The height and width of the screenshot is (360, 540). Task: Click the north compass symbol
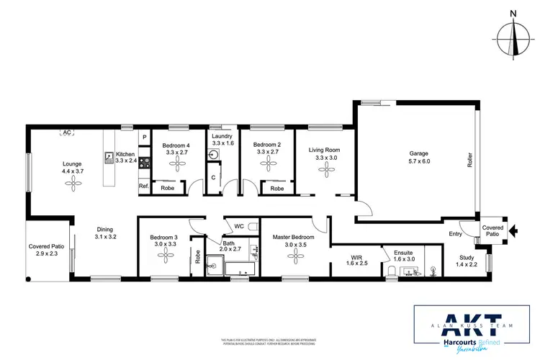tap(513, 38)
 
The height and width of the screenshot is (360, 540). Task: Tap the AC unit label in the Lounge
tap(67, 133)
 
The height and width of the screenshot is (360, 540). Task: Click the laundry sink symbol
tap(214, 155)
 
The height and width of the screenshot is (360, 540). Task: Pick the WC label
tap(239, 226)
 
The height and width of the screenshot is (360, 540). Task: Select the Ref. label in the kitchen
tap(143, 187)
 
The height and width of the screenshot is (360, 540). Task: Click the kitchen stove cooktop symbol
tap(143, 163)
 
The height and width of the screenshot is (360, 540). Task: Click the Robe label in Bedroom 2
tap(276, 189)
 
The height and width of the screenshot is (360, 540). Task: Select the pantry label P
tap(144, 137)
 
